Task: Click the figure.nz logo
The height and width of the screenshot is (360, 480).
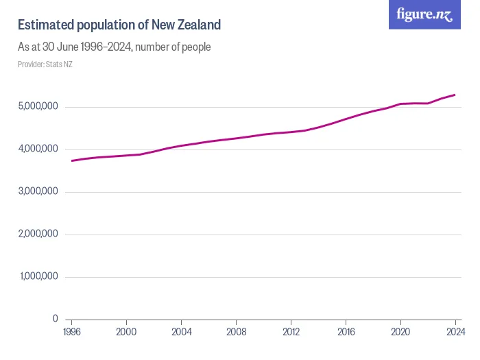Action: (x=424, y=14)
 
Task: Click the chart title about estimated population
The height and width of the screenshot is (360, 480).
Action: (x=119, y=25)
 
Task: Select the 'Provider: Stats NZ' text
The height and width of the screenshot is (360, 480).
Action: (x=45, y=64)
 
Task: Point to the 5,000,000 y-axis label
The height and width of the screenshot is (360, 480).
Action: (x=38, y=107)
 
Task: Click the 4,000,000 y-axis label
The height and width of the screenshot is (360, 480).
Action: (x=38, y=149)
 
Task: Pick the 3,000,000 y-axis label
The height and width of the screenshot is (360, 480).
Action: (x=38, y=192)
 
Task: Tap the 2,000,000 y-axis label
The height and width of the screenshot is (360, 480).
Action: (x=38, y=235)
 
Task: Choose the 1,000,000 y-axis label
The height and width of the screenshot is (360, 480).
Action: (x=38, y=277)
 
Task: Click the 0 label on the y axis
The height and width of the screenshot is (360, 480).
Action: (x=56, y=320)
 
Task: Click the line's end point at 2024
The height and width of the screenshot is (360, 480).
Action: (x=455, y=95)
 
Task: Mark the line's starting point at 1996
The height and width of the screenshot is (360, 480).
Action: (x=71, y=160)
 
